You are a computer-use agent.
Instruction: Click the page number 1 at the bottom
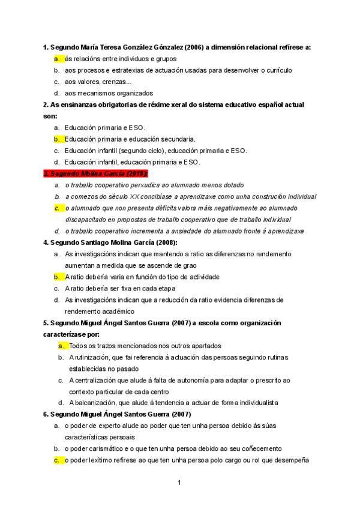coord(179,482)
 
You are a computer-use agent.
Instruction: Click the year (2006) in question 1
coord(195,47)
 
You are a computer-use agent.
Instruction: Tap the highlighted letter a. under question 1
coord(57,59)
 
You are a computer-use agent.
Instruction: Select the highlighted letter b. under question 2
coord(57,139)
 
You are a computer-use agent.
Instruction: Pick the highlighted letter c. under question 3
coord(57,208)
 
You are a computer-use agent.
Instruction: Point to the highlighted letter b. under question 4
coord(57,277)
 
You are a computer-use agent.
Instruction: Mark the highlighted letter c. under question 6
coord(57,460)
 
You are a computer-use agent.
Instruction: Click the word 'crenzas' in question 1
coord(111,82)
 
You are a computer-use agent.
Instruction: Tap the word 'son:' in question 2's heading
coord(50,116)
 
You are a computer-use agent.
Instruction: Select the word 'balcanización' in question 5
coord(99,403)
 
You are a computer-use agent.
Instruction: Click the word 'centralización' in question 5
coord(98,380)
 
